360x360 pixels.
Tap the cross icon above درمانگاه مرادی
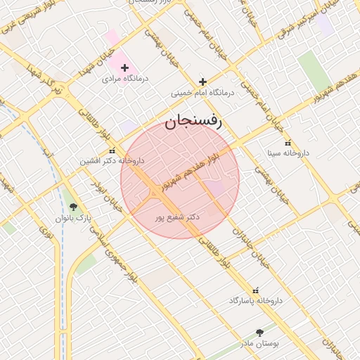124,68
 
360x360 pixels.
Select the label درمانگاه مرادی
124,79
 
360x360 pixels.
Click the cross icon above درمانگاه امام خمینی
203,82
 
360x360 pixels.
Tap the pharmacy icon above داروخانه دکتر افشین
112,150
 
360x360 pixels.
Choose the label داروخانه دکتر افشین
112,161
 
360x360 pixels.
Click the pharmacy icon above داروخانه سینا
287,143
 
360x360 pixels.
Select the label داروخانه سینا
287,153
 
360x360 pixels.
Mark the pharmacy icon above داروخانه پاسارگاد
255,290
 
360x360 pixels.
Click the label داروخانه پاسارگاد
255,300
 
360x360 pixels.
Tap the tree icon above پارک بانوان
73,207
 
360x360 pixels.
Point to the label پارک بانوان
74,218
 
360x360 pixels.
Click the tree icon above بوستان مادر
260,333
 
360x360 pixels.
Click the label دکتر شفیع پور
177,217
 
